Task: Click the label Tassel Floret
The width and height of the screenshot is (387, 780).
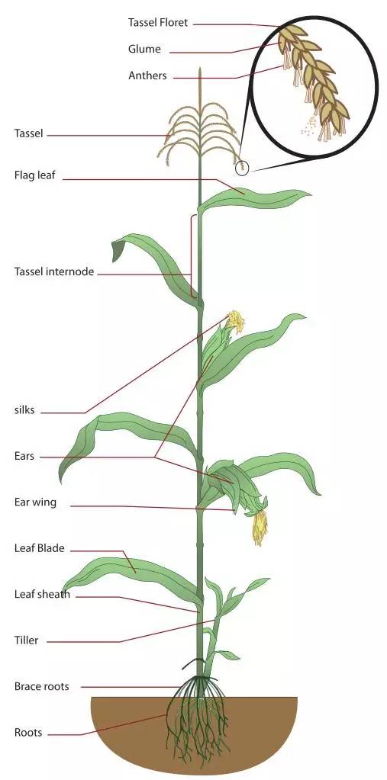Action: click(x=158, y=22)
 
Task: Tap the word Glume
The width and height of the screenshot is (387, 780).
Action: click(x=144, y=49)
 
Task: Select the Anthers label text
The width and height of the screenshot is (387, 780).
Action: click(x=147, y=76)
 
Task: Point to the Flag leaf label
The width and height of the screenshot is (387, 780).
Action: click(x=35, y=175)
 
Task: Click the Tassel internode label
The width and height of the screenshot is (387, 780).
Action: click(x=53, y=271)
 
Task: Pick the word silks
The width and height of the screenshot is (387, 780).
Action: click(x=24, y=410)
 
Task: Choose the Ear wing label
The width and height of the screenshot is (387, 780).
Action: click(x=35, y=502)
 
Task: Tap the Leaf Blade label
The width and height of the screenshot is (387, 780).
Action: click(x=40, y=548)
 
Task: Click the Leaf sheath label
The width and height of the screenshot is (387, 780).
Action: click(x=42, y=594)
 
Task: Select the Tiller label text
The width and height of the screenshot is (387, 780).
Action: click(x=26, y=640)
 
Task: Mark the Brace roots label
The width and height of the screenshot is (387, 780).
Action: click(x=41, y=686)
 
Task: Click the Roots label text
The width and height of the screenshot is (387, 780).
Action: click(x=28, y=733)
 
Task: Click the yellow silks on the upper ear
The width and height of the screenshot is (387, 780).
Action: click(x=236, y=321)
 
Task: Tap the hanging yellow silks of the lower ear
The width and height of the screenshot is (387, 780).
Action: click(x=260, y=528)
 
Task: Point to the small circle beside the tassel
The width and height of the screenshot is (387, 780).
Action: click(x=241, y=169)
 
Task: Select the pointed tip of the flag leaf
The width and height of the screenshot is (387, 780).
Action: click(x=310, y=194)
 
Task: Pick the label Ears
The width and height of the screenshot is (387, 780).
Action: click(x=24, y=456)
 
